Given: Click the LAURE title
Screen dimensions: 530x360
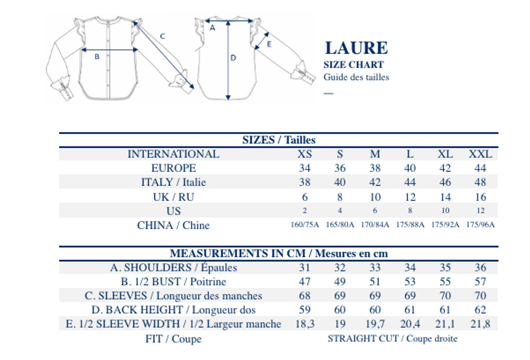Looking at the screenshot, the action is tap(356, 48).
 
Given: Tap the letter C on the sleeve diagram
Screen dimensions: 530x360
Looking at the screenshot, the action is tap(162, 36).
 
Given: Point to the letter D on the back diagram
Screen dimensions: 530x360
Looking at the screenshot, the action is tap(233, 58).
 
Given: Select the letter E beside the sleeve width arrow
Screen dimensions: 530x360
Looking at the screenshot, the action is tap(269, 44).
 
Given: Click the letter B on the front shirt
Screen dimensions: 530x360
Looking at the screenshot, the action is tap(97, 57).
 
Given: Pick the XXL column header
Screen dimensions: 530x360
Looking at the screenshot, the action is tap(480, 154).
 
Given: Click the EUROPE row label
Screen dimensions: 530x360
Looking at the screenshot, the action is tap(173, 168).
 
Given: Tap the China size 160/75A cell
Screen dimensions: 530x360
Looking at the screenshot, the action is tap(305, 225).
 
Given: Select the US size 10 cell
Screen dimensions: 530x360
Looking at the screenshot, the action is tap(445, 210).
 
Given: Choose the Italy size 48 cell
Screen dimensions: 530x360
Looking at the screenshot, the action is tap(480, 182).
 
